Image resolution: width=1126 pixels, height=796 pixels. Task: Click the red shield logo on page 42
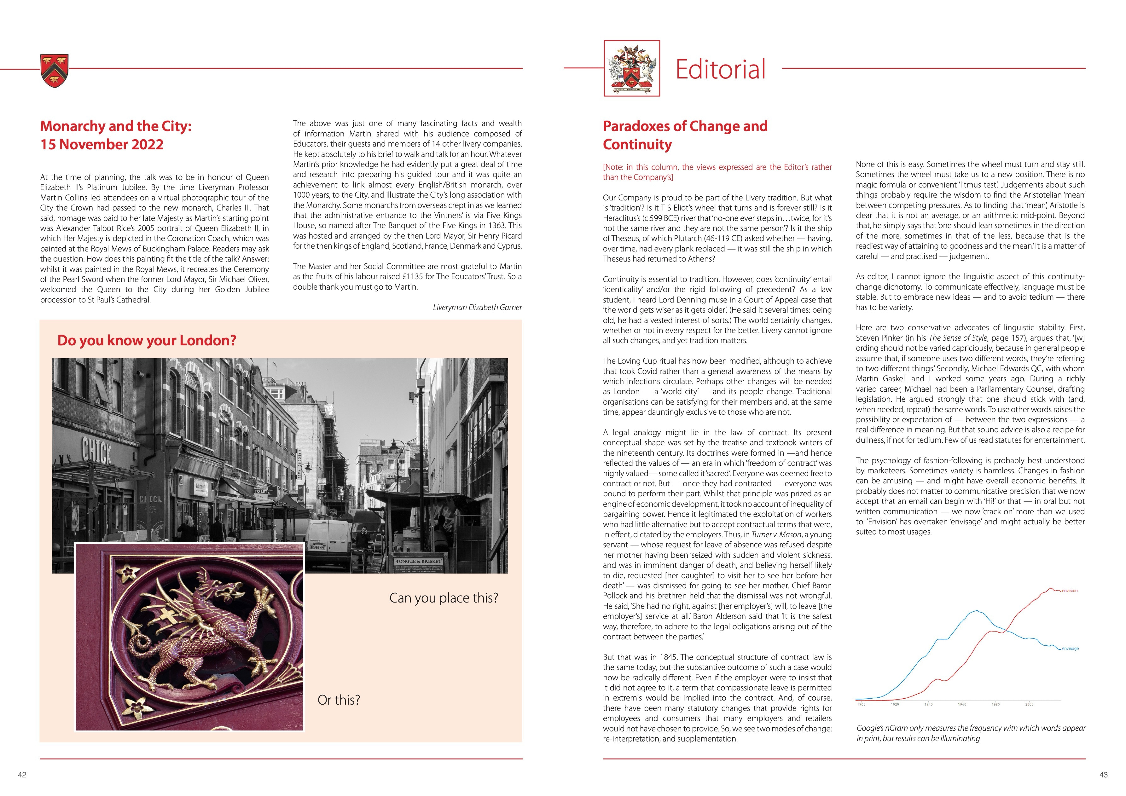(55, 71)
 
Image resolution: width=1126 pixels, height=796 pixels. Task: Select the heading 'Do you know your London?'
(147, 340)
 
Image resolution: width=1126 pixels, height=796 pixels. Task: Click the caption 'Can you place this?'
(443, 598)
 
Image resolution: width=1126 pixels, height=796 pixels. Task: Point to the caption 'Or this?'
(338, 700)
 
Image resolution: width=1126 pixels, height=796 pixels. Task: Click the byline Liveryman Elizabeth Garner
(477, 307)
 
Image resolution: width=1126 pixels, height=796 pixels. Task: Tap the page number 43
(1103, 775)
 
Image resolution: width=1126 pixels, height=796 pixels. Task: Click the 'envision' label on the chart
(1070, 591)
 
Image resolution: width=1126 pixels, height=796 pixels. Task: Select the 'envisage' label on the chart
(1070, 649)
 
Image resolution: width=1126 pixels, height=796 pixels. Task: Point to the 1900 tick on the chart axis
(861, 704)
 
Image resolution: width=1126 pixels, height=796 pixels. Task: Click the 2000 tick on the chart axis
(1029, 704)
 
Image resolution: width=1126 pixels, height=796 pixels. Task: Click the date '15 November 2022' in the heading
(102, 145)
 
